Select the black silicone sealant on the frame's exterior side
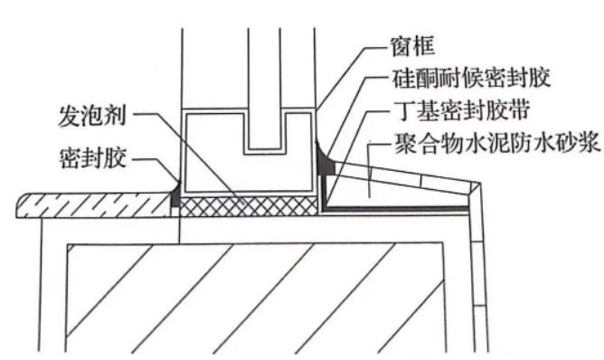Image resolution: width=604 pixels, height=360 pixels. click(x=325, y=162)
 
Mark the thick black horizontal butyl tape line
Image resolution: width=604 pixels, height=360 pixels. click(x=398, y=210)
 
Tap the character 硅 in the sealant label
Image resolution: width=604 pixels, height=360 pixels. click(x=402, y=79)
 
